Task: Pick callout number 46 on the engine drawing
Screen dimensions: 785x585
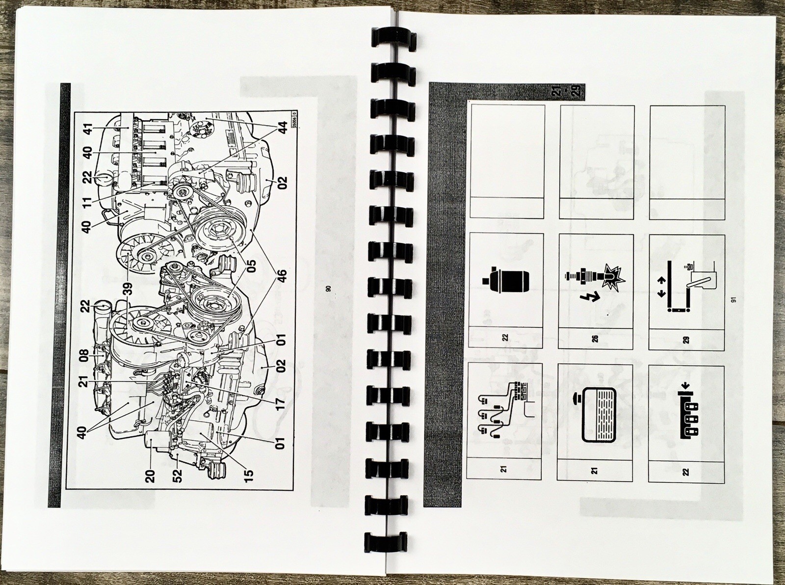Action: pos(282,278)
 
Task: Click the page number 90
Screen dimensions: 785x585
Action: pos(328,288)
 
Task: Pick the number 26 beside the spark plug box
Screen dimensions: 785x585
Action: pos(595,338)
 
